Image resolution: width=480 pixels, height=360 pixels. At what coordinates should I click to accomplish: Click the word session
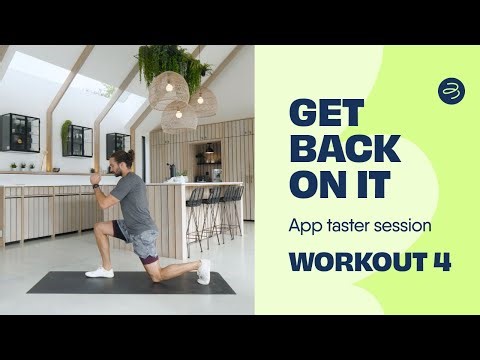click(x=406, y=226)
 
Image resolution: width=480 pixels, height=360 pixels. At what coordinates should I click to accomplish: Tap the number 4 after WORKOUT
click(x=441, y=262)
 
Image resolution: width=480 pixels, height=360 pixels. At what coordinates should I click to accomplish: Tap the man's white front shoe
click(x=100, y=271)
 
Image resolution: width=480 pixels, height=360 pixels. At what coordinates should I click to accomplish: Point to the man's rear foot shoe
click(x=204, y=270)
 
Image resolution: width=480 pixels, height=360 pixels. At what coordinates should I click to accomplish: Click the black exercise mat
click(x=130, y=283)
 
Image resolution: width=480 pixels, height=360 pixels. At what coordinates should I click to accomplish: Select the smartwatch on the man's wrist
click(x=96, y=186)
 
